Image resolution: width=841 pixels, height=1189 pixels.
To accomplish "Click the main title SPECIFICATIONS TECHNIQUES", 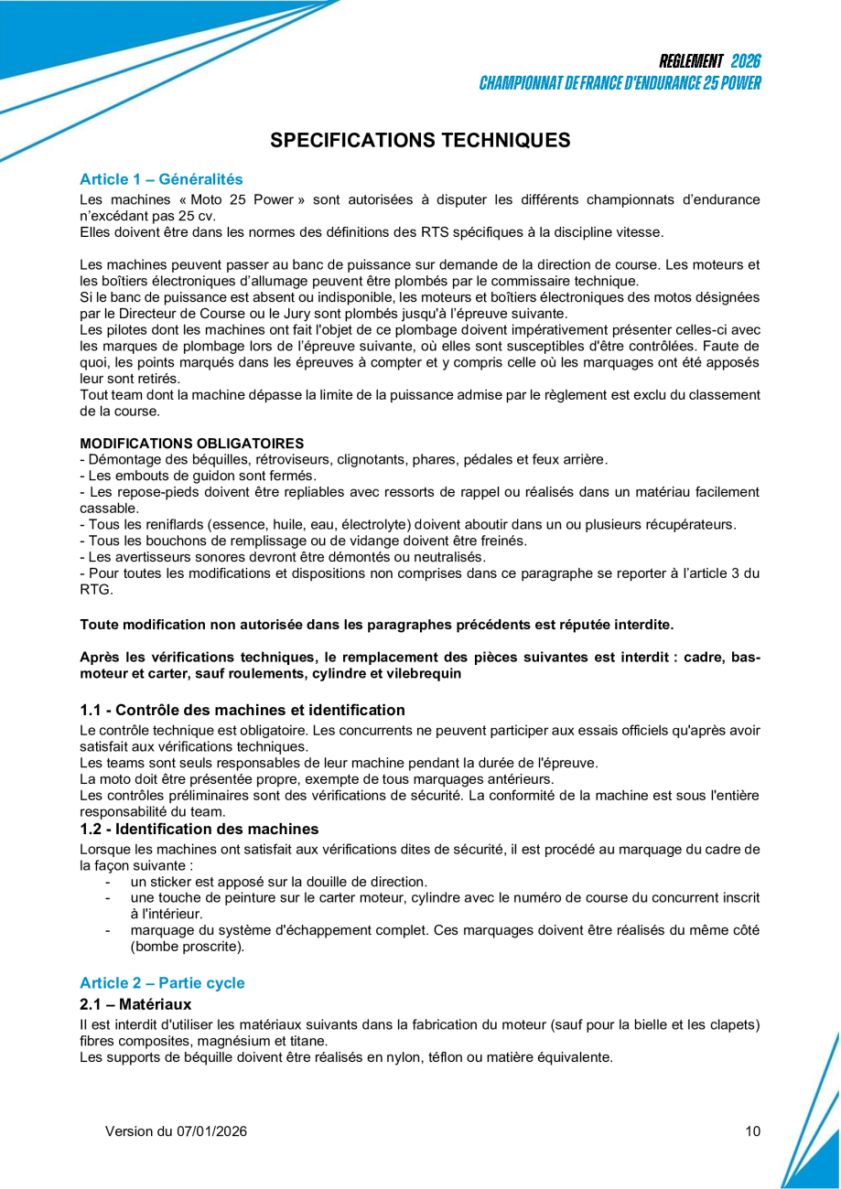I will click(x=420, y=140).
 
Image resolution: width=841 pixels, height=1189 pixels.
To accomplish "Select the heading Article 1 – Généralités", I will click(x=161, y=179).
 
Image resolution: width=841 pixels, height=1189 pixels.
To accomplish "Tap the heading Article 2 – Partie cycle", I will click(x=162, y=983).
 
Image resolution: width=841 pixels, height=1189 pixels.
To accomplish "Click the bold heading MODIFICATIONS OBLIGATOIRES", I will click(x=192, y=443).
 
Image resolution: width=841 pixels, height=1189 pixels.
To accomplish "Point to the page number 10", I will click(x=752, y=1131).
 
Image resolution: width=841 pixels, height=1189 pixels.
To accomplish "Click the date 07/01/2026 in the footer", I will click(x=210, y=1131).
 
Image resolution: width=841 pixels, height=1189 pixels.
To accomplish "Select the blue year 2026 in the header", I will click(x=746, y=61).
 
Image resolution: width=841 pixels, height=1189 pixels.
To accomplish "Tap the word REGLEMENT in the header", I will click(x=691, y=61).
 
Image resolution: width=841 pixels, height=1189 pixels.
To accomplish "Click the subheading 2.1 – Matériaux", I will click(x=135, y=1005).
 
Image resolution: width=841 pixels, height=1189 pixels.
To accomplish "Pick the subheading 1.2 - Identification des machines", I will click(x=199, y=830).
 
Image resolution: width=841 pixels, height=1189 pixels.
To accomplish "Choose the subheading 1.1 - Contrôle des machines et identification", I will click(x=242, y=710).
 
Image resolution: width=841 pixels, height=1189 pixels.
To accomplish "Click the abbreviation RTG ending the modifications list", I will click(x=96, y=590).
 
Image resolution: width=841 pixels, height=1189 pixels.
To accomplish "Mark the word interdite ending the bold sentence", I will click(x=642, y=625).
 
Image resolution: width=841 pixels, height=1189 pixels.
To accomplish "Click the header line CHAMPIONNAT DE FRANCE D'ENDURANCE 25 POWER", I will click(x=620, y=83).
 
